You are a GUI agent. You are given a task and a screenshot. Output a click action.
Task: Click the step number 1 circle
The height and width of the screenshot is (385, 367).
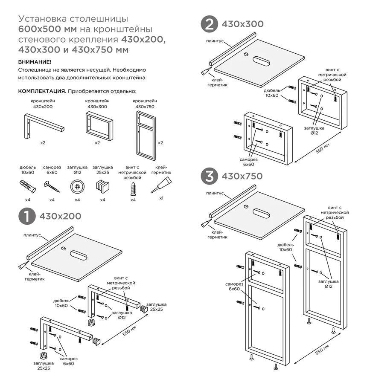[27, 216]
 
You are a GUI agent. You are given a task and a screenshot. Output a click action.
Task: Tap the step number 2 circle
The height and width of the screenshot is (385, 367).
[209, 24]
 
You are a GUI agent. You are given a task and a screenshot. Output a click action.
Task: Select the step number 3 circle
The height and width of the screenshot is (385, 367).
[209, 176]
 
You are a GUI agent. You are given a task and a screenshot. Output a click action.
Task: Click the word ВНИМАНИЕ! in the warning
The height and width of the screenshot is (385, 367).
[35, 62]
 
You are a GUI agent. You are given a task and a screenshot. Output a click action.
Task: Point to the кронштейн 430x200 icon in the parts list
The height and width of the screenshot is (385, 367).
[44, 126]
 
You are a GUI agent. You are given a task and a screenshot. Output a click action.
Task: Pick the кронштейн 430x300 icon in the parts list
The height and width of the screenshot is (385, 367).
[99, 126]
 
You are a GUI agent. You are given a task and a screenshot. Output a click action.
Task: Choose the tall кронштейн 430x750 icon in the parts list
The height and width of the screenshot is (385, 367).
[146, 136]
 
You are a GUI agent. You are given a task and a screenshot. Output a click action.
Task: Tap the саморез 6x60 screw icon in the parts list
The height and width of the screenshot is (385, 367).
[52, 187]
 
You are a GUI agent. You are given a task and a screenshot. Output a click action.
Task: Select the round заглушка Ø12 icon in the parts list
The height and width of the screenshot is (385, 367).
[77, 187]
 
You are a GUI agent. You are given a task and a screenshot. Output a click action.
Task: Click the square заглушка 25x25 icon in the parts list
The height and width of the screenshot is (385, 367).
[103, 187]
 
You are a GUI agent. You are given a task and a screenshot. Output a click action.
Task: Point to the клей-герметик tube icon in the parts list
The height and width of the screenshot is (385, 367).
[161, 185]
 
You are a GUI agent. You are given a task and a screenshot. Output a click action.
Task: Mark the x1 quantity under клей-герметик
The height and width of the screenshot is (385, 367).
[161, 198]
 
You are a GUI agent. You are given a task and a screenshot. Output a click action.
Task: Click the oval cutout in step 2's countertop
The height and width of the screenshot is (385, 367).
[261, 61]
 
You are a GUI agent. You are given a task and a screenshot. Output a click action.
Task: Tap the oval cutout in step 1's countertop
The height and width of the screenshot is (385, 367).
[79, 255]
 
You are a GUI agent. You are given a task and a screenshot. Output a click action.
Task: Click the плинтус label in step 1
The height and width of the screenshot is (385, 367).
[32, 235]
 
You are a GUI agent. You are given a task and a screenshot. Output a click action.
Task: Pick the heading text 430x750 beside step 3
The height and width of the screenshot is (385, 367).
[242, 176]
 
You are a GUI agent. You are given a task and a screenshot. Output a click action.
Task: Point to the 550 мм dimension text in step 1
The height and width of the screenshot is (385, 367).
[129, 331]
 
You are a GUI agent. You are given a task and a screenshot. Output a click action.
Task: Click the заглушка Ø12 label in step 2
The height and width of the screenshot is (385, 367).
[314, 130]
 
